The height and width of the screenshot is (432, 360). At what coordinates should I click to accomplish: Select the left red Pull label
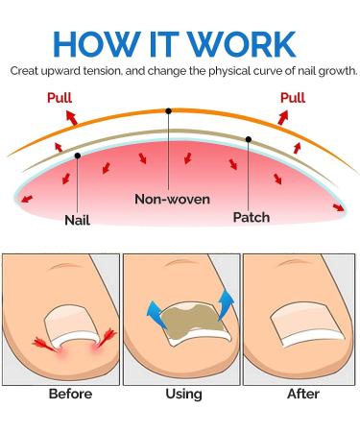tap(60, 98)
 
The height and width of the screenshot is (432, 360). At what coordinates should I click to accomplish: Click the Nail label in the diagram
tap(77, 219)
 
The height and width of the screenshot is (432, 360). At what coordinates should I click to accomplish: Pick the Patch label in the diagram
tap(251, 217)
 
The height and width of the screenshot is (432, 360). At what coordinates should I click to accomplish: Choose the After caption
tap(300, 395)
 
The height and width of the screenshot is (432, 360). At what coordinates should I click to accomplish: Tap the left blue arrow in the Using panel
tap(151, 310)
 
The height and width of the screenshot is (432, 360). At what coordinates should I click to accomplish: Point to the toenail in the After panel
tap(300, 326)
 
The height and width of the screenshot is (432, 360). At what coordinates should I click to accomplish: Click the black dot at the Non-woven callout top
tap(169, 110)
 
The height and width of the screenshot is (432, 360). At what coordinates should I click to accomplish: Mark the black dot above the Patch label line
tap(248, 139)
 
